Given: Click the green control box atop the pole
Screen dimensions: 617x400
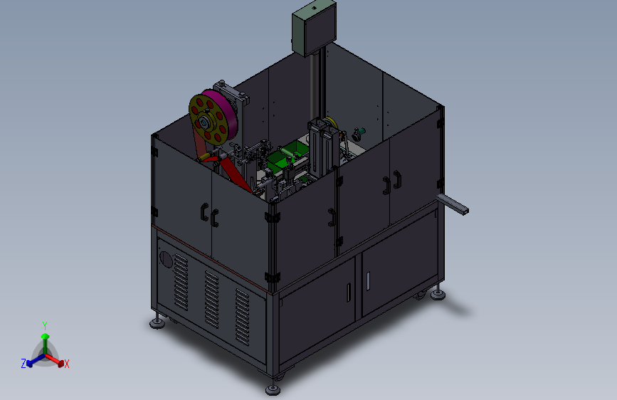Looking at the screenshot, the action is pos(314,28).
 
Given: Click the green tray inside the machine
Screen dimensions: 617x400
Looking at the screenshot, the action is pos(287,157).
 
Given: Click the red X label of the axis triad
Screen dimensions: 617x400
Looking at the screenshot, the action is pos(66,364).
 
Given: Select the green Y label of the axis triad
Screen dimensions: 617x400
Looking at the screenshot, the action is pos(45,325).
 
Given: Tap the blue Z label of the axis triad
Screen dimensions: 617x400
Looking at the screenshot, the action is pos(23,364).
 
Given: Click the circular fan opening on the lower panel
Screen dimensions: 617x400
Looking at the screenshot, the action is pos(166,260).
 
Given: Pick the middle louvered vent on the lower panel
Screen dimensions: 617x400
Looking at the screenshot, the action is pos(211,299).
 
